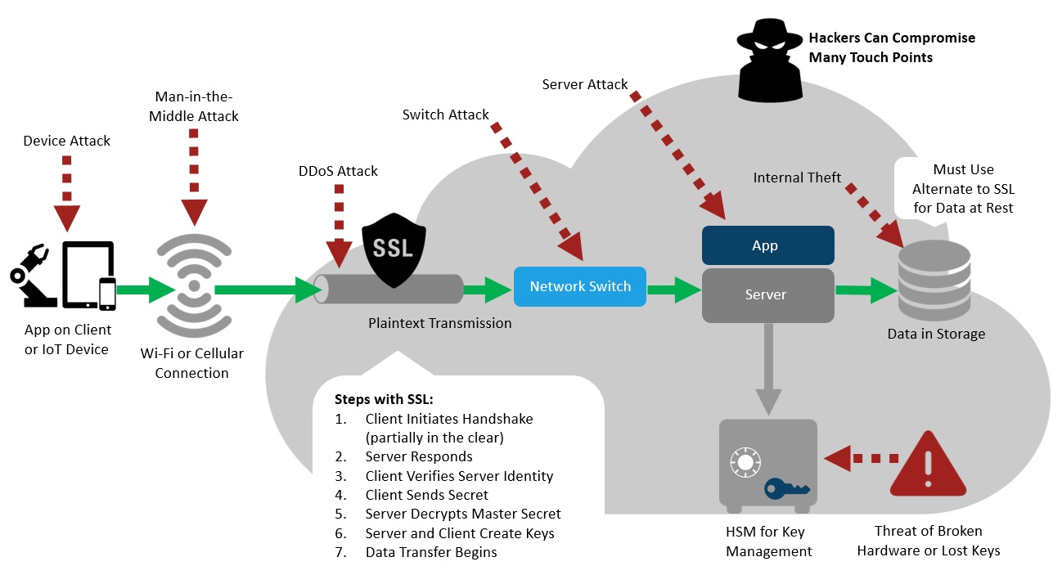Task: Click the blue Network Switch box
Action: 580,286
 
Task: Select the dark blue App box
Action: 767,245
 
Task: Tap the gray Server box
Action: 767,294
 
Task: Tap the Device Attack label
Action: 67,141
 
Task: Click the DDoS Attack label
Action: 338,171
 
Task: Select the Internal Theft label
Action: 797,177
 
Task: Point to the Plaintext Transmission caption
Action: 439,323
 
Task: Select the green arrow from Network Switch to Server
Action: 673,287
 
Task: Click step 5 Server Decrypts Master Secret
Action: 462,514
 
